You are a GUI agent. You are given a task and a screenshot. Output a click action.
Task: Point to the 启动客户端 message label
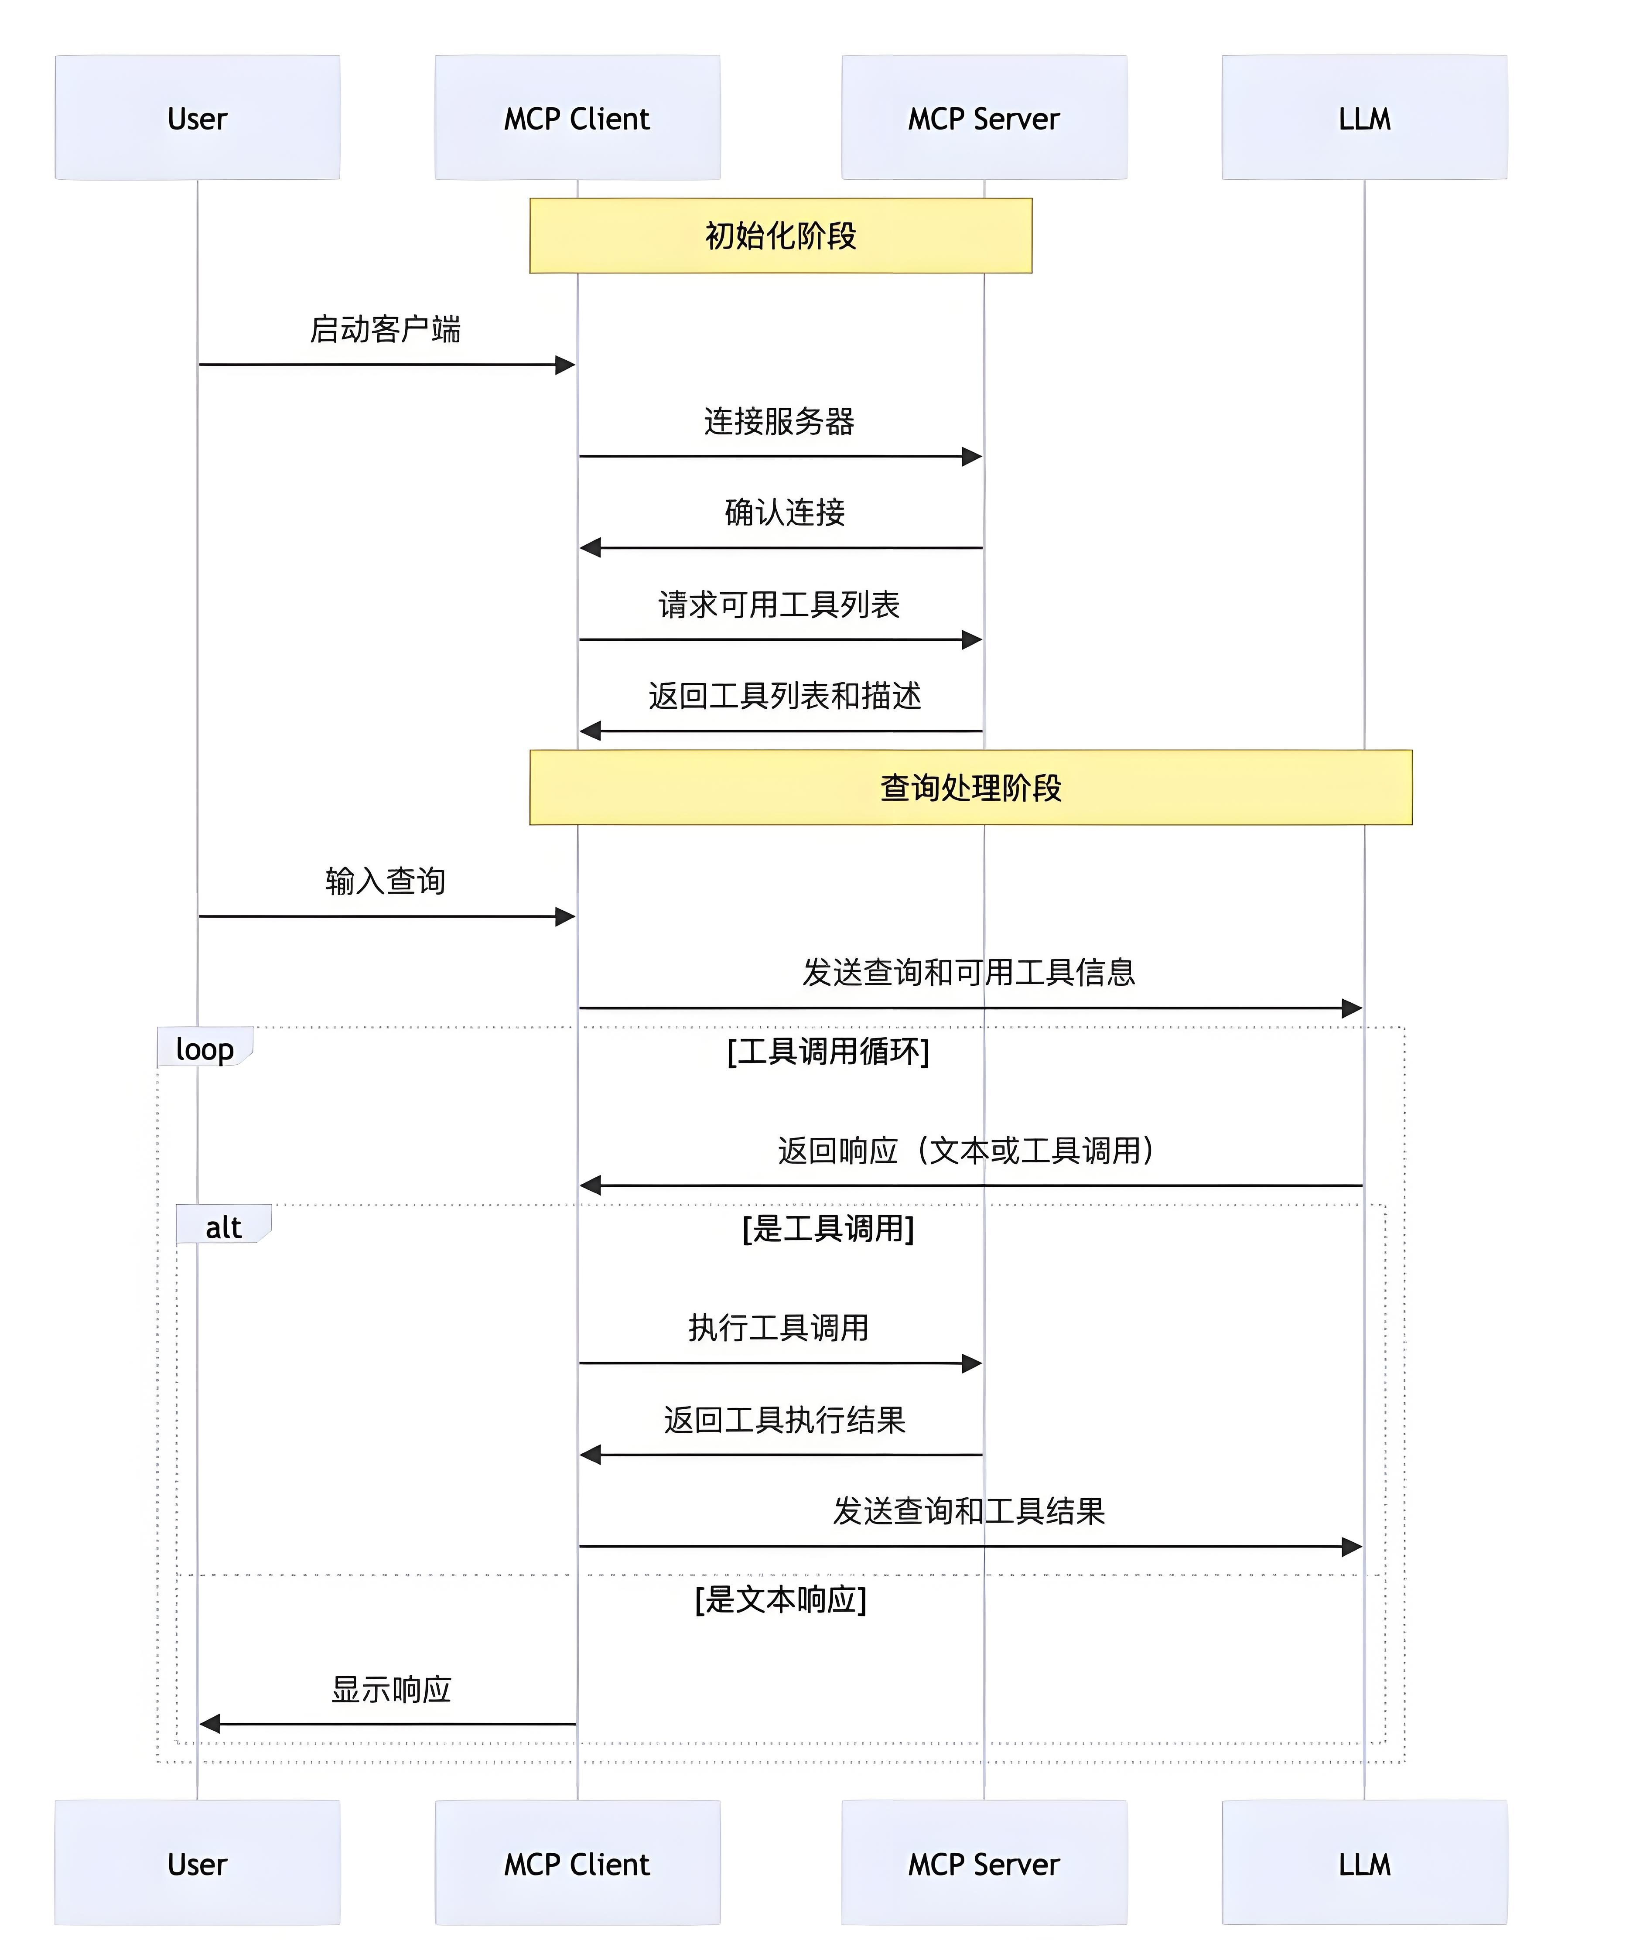click(x=385, y=328)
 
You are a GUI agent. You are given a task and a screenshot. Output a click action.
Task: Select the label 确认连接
click(x=784, y=512)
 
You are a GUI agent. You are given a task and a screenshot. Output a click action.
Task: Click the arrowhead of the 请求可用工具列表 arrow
click(x=972, y=639)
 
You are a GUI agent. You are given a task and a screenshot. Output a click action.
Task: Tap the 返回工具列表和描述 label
click(x=784, y=695)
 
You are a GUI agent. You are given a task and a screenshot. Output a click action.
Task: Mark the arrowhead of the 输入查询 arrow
click(x=565, y=916)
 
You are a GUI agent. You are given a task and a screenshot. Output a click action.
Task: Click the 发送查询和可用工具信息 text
click(x=969, y=971)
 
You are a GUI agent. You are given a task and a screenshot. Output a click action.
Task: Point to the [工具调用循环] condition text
click(x=828, y=1051)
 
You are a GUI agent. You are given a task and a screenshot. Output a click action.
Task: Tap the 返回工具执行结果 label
click(x=784, y=1419)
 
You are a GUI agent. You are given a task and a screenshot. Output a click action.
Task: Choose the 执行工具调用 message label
click(x=779, y=1327)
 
